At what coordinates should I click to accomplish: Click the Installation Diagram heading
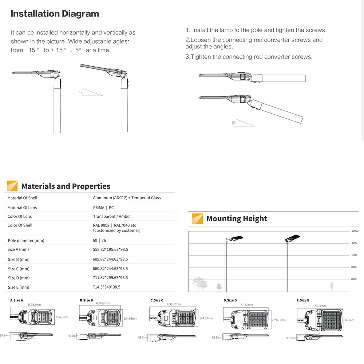pos(55,14)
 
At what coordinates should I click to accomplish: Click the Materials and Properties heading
pos(66,186)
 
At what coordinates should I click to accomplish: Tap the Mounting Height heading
pos(237,218)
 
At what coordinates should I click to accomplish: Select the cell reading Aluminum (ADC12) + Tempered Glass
pos(127,198)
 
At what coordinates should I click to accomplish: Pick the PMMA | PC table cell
pos(103,207)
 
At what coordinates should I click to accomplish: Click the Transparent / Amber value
pos(112,216)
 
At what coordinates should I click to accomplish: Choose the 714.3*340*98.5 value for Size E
pos(106,287)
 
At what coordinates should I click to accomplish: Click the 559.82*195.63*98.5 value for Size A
pos(110,249)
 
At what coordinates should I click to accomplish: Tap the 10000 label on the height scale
pos(355,231)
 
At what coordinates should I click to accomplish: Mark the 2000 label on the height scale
pos(353,279)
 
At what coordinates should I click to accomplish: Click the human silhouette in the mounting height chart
pos(332,286)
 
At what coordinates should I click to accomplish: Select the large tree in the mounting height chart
pos(198,284)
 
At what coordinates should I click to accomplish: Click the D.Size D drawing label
pos(230,300)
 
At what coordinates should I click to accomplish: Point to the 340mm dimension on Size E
pos(349,320)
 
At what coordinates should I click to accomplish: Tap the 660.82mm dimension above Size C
pos(174,304)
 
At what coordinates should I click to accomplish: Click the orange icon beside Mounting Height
pos(197,218)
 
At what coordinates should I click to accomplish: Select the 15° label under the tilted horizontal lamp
pos(234,123)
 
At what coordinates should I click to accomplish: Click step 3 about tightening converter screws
pos(249,57)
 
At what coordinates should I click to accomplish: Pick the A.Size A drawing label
pos(16,300)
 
